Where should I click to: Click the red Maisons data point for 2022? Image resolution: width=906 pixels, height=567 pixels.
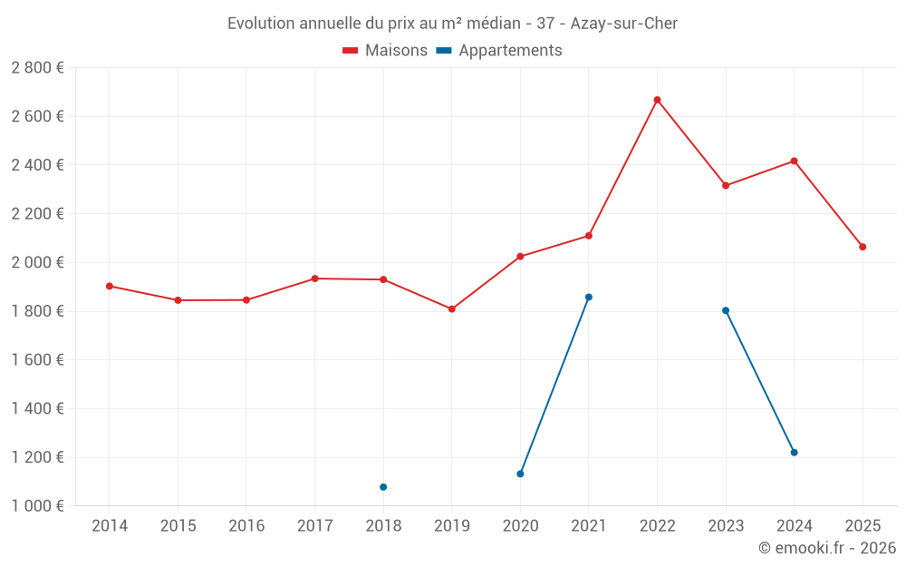coord(657,100)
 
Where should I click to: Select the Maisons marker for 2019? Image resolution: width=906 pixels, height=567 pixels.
coord(452,309)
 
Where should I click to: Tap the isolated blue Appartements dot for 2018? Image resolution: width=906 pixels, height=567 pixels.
coord(383,487)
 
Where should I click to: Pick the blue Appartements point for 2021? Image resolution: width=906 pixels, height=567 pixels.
coord(589,297)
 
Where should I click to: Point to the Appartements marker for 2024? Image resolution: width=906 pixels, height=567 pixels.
coord(795,453)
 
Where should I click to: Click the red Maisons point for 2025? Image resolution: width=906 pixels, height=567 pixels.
coord(863,247)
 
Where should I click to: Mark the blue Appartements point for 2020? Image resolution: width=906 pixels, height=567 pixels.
coord(520,474)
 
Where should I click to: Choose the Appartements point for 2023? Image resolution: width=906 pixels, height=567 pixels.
coord(726,310)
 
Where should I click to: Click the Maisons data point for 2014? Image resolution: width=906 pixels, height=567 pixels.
coord(110,286)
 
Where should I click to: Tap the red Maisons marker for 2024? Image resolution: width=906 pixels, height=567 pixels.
coord(795,161)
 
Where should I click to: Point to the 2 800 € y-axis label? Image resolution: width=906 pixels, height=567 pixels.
coord(37,68)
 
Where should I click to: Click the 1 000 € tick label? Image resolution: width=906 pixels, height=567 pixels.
coord(37,506)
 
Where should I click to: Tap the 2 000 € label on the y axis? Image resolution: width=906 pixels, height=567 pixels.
coord(37,262)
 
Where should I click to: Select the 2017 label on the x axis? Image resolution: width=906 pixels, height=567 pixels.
coord(314,526)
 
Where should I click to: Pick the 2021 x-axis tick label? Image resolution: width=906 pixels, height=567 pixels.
coord(589,526)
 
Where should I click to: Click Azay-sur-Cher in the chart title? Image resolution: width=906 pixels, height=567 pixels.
coord(624,24)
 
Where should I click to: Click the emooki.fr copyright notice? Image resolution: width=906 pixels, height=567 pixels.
coord(827,548)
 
